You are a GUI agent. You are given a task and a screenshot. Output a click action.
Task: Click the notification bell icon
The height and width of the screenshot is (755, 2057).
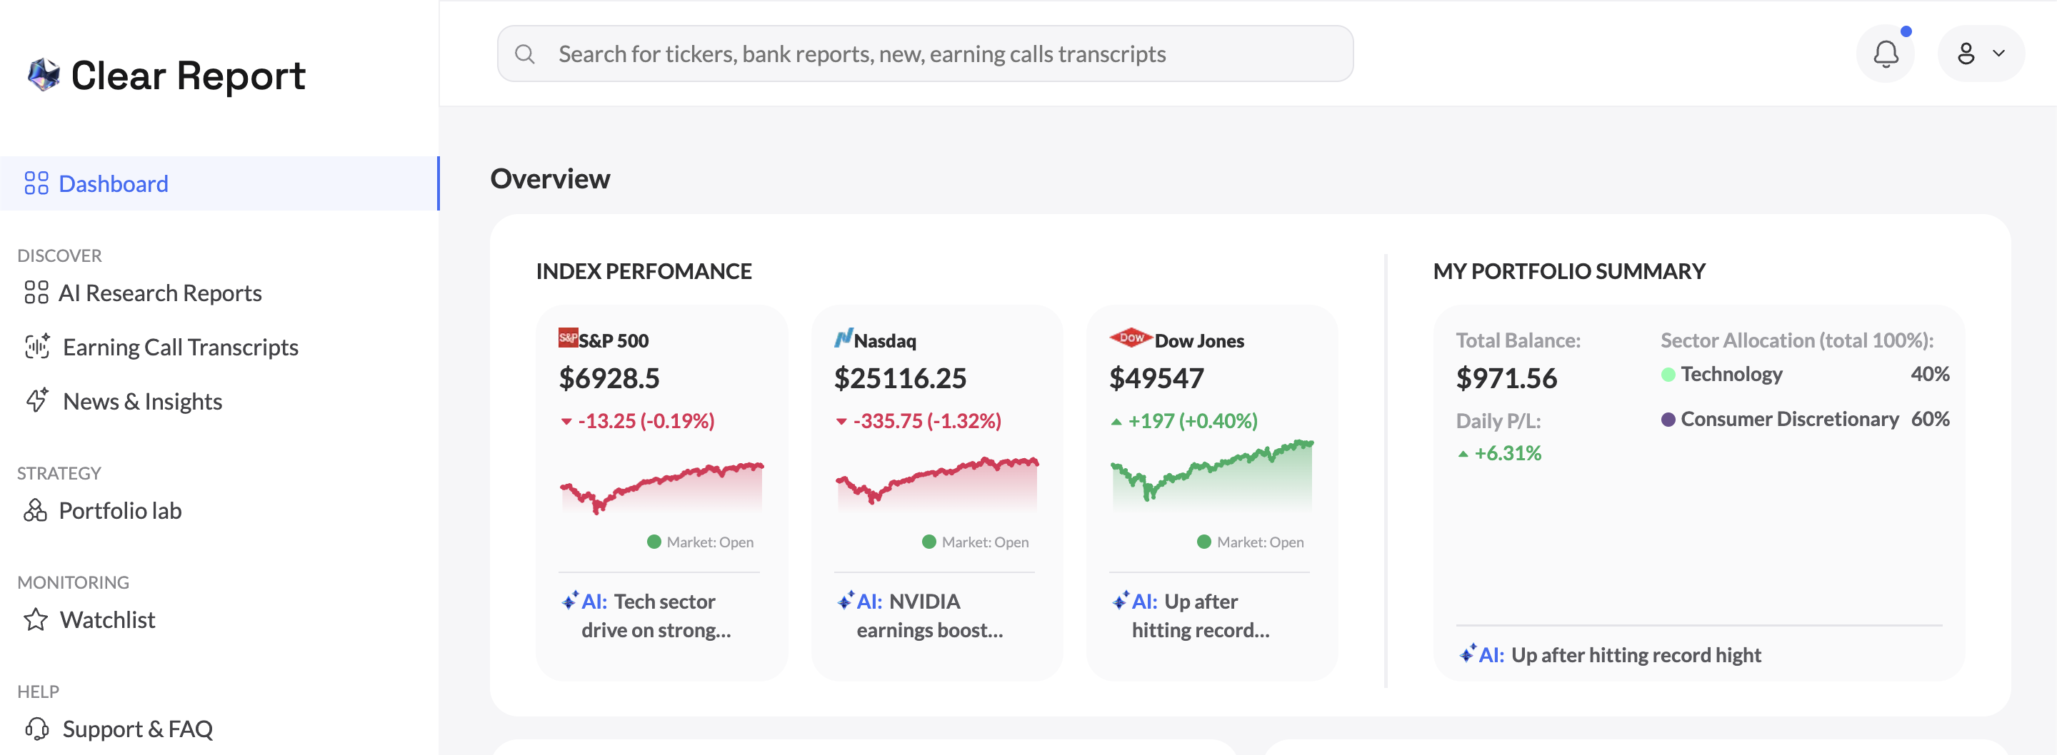pos(1886,54)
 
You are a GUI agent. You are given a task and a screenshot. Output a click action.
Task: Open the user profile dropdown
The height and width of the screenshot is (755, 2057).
pos(1981,54)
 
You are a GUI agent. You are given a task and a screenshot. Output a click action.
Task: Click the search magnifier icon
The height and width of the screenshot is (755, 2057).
pos(525,54)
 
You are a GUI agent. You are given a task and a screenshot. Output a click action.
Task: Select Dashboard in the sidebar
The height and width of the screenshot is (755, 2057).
pos(113,183)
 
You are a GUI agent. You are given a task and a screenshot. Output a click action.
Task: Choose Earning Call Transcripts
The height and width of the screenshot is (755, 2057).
pos(180,348)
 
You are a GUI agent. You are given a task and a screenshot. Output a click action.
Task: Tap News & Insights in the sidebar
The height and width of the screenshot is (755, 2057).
pos(141,402)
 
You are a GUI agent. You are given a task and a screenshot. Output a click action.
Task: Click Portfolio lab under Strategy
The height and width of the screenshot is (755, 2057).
pos(120,511)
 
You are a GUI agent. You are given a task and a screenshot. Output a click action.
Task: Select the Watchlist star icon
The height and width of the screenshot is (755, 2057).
pos(36,620)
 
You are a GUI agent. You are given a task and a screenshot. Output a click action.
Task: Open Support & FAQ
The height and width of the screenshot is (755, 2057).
pos(136,729)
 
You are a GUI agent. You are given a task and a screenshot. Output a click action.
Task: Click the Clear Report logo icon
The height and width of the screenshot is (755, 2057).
pos(44,75)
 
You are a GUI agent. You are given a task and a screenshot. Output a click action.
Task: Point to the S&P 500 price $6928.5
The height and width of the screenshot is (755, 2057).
pos(609,378)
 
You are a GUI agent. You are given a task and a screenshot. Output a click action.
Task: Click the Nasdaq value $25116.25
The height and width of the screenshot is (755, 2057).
pos(900,378)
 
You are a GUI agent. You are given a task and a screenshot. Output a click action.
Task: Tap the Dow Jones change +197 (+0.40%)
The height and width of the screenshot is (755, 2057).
pos(1191,420)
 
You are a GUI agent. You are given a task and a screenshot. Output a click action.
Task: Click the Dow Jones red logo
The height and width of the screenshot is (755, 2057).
pos(1130,338)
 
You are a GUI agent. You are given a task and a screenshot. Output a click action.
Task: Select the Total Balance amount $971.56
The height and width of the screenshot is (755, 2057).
pos(1506,378)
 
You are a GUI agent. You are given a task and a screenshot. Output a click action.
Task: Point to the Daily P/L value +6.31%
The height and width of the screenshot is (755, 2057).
pos(1507,453)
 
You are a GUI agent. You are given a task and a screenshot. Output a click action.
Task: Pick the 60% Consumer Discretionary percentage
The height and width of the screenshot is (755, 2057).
pos(1929,419)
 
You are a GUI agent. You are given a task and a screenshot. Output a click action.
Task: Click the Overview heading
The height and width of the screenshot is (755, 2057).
pos(550,179)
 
